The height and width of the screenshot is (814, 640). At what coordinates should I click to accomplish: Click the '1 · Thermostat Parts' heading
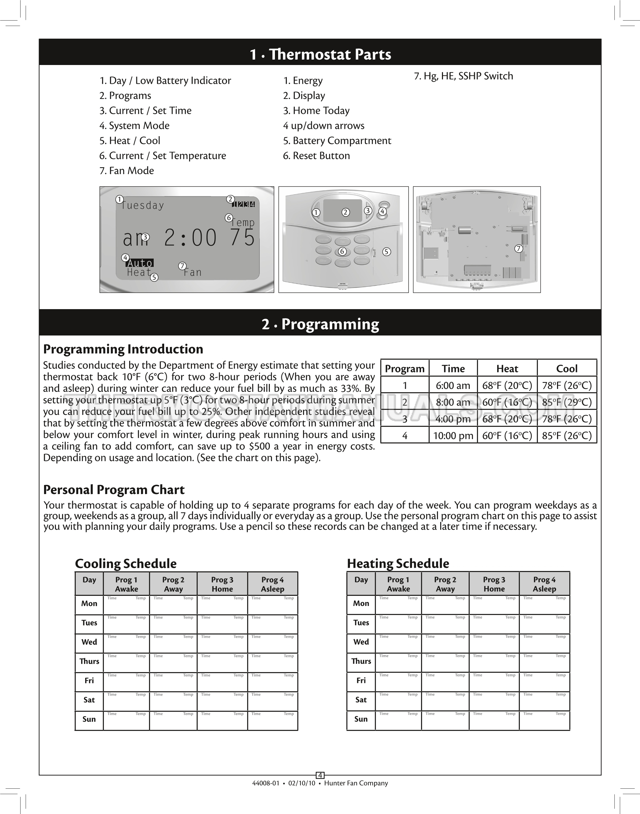pos(320,55)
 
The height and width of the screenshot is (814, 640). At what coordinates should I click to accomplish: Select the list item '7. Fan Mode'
pos(127,171)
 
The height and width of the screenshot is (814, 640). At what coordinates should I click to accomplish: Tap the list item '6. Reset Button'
pos(316,156)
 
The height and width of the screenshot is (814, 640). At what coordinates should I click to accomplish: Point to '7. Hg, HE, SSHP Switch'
pos(463,76)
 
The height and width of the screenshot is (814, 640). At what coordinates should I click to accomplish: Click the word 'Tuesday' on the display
pos(143,205)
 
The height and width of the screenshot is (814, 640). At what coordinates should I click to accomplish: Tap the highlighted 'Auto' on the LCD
pos(139,263)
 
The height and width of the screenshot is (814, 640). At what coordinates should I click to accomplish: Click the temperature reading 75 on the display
pos(243,238)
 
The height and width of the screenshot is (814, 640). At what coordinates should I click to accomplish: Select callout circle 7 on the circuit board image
pos(518,248)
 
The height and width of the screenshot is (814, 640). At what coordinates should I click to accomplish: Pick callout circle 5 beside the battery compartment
pos(386,252)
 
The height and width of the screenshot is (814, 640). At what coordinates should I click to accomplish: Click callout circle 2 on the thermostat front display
pos(346,212)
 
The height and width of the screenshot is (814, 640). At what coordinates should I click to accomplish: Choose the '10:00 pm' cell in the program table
pos(453,436)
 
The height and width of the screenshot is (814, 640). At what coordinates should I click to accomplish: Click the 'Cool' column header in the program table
pos(566,369)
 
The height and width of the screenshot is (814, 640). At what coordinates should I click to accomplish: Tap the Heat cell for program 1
pos(507,386)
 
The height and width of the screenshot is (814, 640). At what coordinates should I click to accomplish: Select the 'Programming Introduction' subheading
pos(123,349)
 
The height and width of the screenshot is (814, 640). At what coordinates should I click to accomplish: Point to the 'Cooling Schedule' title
pos(126,564)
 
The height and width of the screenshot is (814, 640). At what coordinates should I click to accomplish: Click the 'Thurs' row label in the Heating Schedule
pos(361,661)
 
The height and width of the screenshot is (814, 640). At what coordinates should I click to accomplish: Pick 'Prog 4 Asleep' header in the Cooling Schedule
pos(272,584)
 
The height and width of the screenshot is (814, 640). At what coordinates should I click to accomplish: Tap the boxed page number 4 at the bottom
pos(320,775)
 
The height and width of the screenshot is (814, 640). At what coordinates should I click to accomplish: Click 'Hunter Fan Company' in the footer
pos(356,783)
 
